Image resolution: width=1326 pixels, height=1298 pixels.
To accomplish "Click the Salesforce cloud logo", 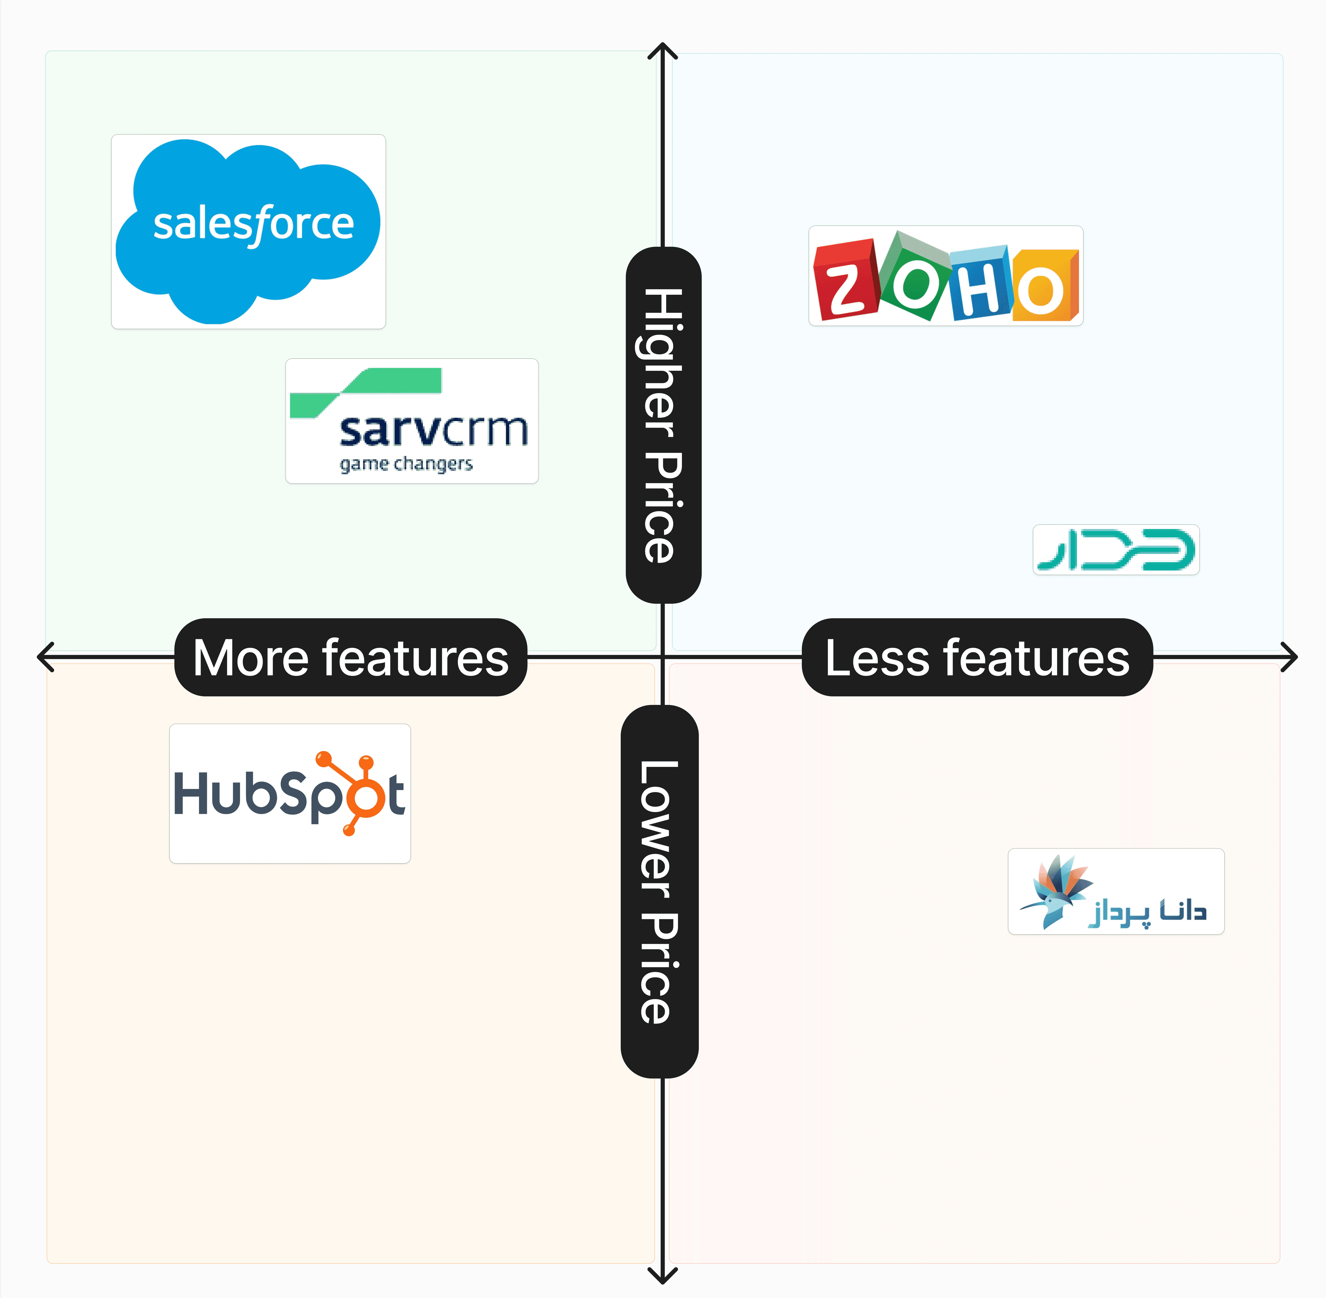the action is tap(248, 231).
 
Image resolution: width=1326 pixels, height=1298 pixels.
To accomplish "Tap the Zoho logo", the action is tap(946, 276).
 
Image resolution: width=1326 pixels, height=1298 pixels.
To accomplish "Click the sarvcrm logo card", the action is tap(412, 421).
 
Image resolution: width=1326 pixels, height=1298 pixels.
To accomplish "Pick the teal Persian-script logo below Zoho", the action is tap(1116, 550).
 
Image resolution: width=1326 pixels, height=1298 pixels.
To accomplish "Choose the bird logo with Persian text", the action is tap(1116, 891).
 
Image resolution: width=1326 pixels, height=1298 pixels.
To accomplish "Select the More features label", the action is tap(350, 657).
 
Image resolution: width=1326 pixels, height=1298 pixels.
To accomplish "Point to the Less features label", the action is tap(977, 657).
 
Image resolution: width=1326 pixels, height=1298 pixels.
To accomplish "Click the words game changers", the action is tap(406, 464).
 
